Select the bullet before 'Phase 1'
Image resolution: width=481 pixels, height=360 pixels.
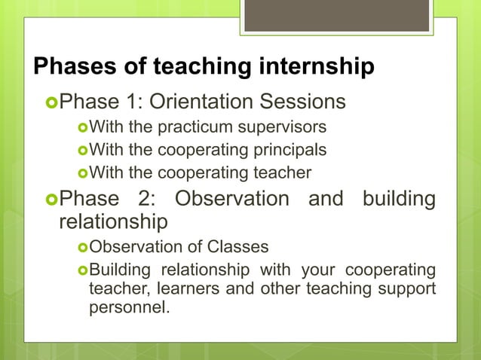coord(51,102)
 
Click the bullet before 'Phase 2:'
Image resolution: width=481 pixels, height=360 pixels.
coord(51,200)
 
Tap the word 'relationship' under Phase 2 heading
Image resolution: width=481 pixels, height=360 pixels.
coord(113,223)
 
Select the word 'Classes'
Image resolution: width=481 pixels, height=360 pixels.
coord(240,247)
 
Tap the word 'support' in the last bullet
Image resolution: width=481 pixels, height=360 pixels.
coord(408,289)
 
